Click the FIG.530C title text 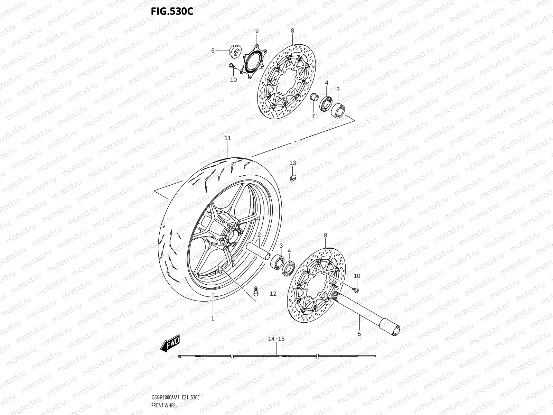click(x=172, y=12)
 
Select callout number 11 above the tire click(x=227, y=138)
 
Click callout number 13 click(x=293, y=163)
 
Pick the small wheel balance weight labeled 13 click(x=293, y=177)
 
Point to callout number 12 click(x=273, y=294)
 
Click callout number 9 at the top click(x=257, y=31)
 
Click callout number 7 click(x=313, y=116)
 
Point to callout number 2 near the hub click(x=259, y=235)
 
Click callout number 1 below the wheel click(x=213, y=318)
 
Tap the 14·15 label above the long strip click(x=277, y=339)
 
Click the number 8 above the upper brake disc click(x=292, y=31)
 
